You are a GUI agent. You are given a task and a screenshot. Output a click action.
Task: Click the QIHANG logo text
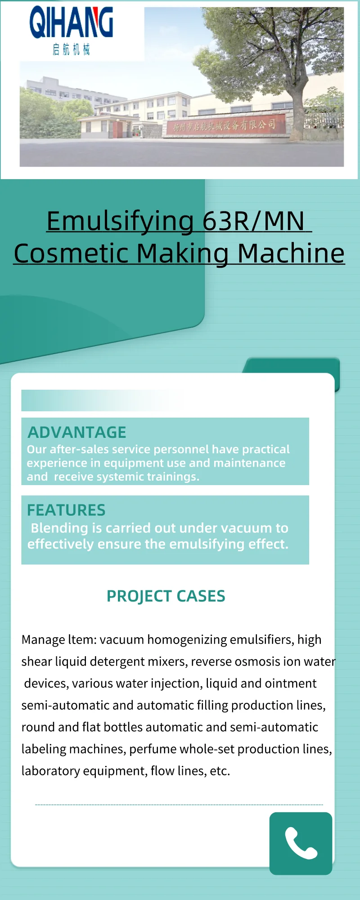71,22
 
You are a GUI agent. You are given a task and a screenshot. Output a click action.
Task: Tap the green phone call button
301,843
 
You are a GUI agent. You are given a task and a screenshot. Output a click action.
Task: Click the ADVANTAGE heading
77,432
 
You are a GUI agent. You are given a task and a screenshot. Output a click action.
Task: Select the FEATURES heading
66,510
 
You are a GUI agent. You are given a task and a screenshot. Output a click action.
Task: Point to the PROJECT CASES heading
166,596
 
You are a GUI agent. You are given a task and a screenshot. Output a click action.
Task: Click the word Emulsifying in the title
120,222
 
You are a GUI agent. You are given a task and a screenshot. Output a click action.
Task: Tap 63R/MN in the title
253,221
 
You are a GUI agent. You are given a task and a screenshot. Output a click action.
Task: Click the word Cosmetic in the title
72,253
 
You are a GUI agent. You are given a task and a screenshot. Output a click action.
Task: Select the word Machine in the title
291,253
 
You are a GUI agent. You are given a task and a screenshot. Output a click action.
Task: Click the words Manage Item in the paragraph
59,640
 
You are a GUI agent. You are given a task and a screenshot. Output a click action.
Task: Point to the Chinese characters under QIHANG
71,49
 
